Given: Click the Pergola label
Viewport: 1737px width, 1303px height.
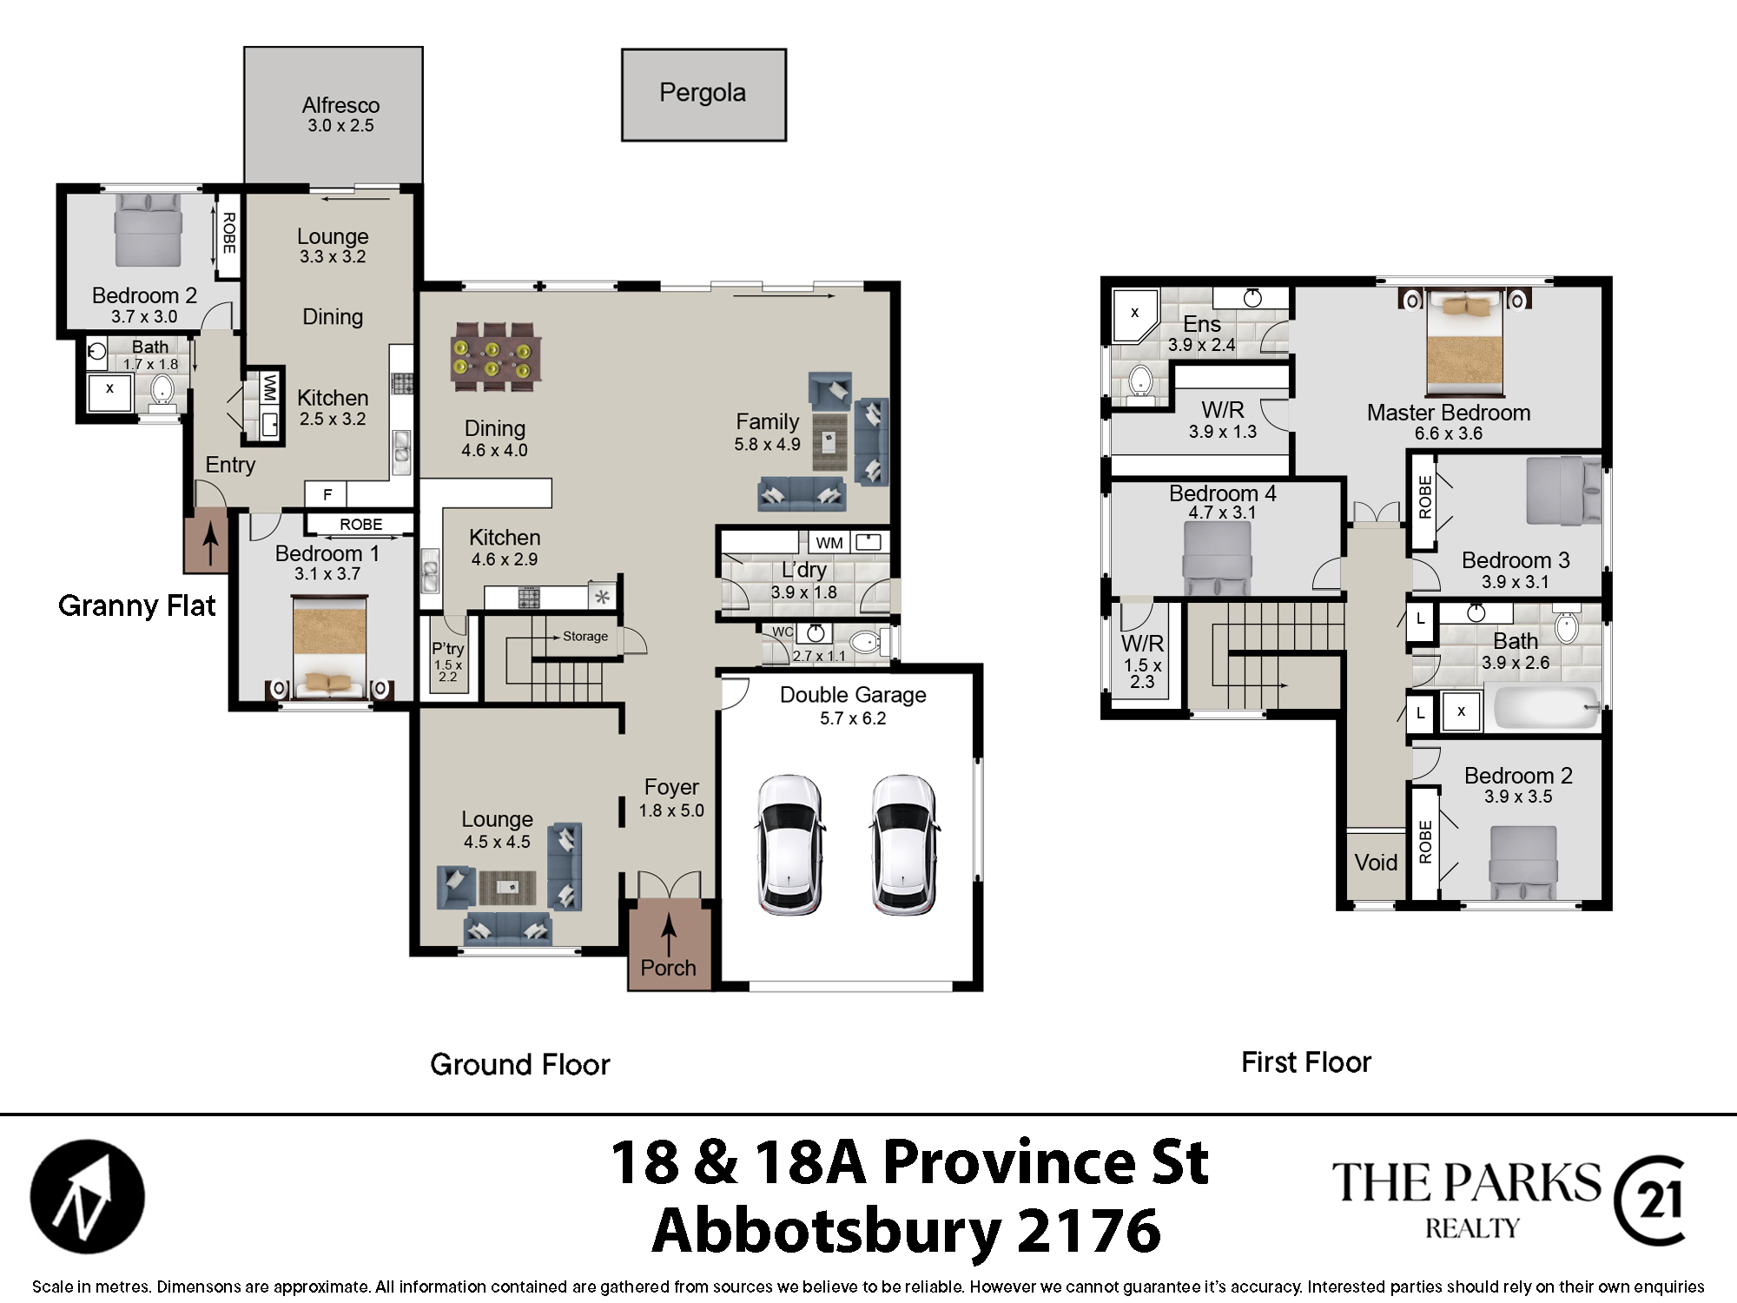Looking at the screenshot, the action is (703, 93).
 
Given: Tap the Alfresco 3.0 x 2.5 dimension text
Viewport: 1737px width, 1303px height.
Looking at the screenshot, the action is (340, 126).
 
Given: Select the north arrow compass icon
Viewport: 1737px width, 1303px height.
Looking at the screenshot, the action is (87, 1196).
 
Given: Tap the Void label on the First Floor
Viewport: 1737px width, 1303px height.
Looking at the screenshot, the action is (1376, 863).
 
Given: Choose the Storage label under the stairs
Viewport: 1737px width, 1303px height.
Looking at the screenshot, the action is (585, 636).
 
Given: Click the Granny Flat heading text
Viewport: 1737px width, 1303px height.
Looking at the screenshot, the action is (136, 605).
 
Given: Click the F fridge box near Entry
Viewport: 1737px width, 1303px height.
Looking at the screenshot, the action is (327, 494).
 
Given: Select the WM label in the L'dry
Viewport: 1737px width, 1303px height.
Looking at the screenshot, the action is (829, 543).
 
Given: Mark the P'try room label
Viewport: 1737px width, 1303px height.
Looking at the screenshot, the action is (448, 648).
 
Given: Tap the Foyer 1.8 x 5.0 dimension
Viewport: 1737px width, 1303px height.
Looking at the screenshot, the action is (671, 810).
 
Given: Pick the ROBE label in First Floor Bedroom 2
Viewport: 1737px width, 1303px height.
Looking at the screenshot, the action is (1425, 842).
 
